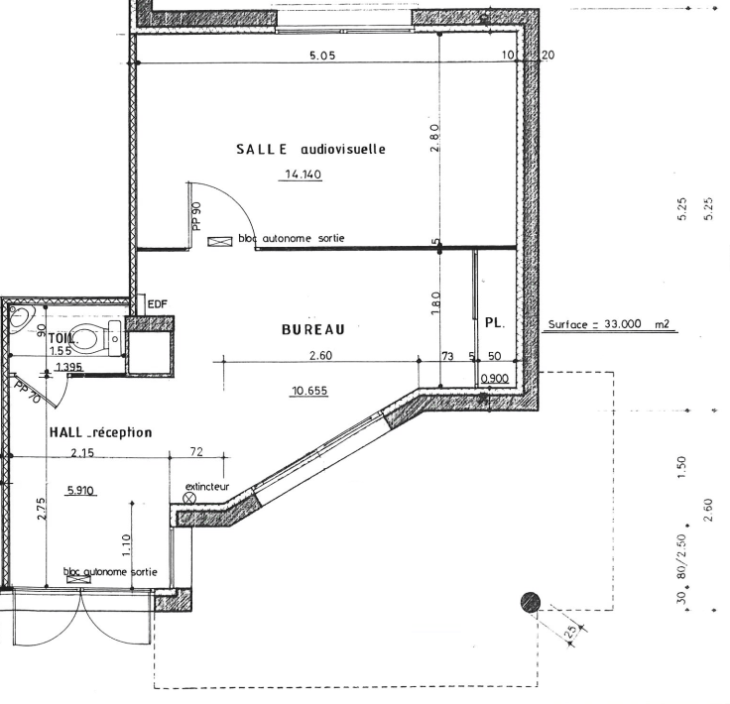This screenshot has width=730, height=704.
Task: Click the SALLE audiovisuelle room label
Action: [x=310, y=150]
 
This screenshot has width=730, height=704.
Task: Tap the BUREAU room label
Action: [x=312, y=329]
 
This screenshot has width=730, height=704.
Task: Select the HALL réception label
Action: [x=100, y=432]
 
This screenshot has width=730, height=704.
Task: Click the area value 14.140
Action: [x=303, y=175]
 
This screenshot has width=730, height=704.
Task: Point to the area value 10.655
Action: [x=309, y=391]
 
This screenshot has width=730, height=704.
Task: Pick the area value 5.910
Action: [x=80, y=490]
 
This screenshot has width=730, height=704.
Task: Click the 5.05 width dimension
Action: [x=322, y=56]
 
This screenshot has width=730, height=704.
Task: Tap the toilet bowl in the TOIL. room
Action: [x=87, y=338]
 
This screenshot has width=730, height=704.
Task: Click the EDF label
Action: [x=157, y=304]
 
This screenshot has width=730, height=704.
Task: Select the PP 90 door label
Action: [x=196, y=216]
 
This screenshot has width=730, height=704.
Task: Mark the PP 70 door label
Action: [x=28, y=393]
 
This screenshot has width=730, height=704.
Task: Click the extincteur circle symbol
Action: [x=190, y=499]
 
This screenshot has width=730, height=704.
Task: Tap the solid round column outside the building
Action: [x=531, y=602]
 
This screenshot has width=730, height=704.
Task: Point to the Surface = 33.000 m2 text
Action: [x=608, y=324]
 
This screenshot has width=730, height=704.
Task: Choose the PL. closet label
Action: [x=494, y=323]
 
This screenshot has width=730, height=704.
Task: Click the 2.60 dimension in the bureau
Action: [x=320, y=356]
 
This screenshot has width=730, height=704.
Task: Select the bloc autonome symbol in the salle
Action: [x=220, y=242]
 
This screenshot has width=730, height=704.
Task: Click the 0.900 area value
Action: [x=494, y=379]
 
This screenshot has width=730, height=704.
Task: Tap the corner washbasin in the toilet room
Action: [x=19, y=317]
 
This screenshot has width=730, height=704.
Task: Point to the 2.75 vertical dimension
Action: [x=42, y=509]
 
